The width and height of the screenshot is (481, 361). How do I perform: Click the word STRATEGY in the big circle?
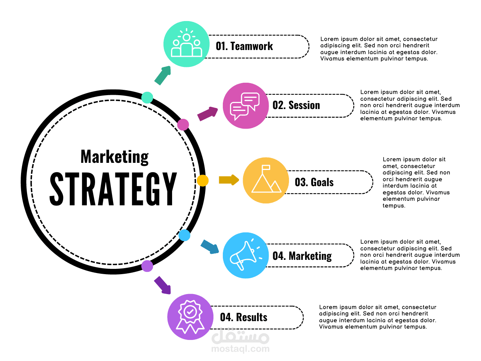[x=113, y=189]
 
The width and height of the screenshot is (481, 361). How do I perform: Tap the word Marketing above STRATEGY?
[x=115, y=157]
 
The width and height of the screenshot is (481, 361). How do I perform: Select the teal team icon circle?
[x=186, y=44]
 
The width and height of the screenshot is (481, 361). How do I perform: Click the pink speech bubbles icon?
[x=245, y=106]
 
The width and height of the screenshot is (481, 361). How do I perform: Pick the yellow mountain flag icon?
[x=266, y=180]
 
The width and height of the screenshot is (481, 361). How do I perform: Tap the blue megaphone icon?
[x=245, y=255]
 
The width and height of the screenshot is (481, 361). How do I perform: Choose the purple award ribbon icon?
[x=190, y=317]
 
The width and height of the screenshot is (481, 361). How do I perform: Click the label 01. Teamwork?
[x=244, y=46]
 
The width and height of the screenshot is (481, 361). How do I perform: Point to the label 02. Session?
[x=296, y=105]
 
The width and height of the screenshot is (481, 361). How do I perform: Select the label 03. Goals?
[x=314, y=182]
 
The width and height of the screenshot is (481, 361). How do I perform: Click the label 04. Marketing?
[x=302, y=256]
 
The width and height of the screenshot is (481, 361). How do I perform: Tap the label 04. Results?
[x=244, y=317]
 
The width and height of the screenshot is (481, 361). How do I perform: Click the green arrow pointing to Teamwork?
[x=163, y=75]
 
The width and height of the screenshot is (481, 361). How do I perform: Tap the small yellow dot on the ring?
[x=203, y=180]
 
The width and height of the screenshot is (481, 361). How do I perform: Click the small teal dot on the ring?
[x=147, y=97]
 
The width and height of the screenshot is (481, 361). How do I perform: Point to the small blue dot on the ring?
[x=184, y=235]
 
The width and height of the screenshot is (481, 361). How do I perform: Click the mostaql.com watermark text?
[x=240, y=349]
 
